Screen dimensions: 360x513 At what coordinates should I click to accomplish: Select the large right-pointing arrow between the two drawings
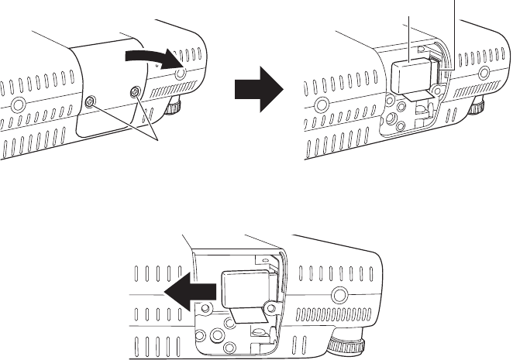click(x=257, y=86)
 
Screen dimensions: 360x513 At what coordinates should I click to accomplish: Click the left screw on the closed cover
click(x=91, y=102)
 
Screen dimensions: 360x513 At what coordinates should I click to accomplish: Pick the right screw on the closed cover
click(x=136, y=92)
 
